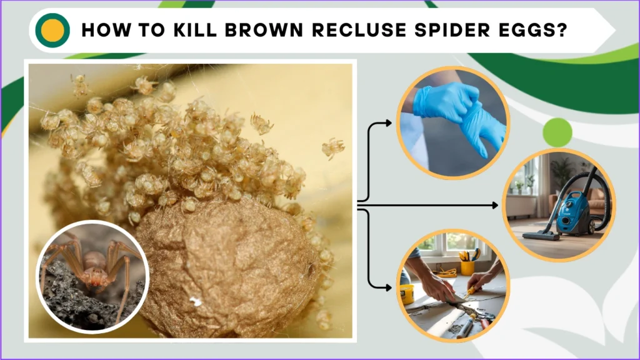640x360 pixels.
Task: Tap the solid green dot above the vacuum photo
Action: (x=557, y=132)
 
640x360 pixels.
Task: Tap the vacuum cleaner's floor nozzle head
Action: (x=537, y=236)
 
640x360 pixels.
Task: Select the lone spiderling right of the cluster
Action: (x=333, y=147)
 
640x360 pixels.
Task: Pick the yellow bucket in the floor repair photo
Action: (x=407, y=292)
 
